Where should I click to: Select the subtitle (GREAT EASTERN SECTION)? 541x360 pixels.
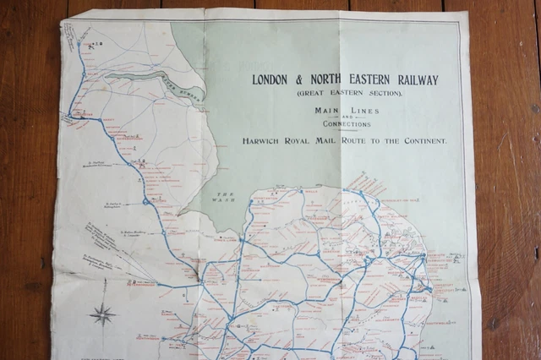[x=349, y=93]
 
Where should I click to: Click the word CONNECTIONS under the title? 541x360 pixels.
[x=347, y=124]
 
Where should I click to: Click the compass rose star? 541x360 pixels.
[x=103, y=314]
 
